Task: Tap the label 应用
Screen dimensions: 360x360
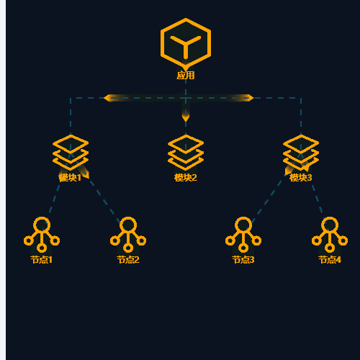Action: click(186, 76)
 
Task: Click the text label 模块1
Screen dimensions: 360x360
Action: click(70, 178)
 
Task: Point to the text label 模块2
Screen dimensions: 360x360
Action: click(186, 178)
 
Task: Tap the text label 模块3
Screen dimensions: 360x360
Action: click(301, 178)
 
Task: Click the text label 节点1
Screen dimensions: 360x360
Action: click(42, 260)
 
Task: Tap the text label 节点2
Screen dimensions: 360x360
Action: click(128, 260)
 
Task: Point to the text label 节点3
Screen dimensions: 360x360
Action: click(243, 260)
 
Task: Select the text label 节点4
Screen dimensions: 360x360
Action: click(330, 260)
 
